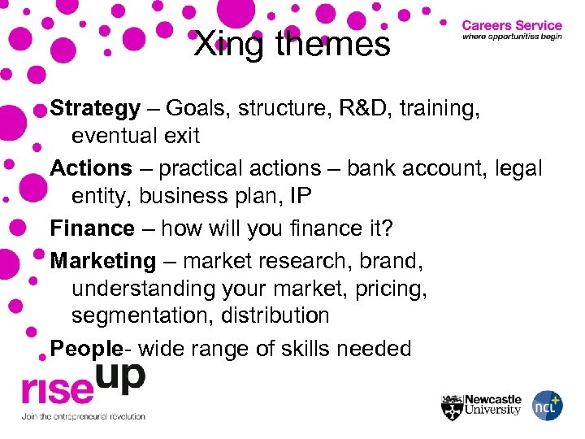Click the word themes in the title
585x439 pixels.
click(333, 45)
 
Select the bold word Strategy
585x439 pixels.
click(95, 109)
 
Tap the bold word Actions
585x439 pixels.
click(91, 168)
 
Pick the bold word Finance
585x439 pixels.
click(93, 228)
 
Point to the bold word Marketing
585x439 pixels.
click(103, 261)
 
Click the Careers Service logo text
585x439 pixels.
click(512, 26)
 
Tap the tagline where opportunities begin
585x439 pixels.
click(512, 37)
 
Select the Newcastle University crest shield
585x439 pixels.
click(452, 406)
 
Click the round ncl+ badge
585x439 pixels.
click(547, 406)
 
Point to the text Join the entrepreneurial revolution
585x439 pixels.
click(84, 417)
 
